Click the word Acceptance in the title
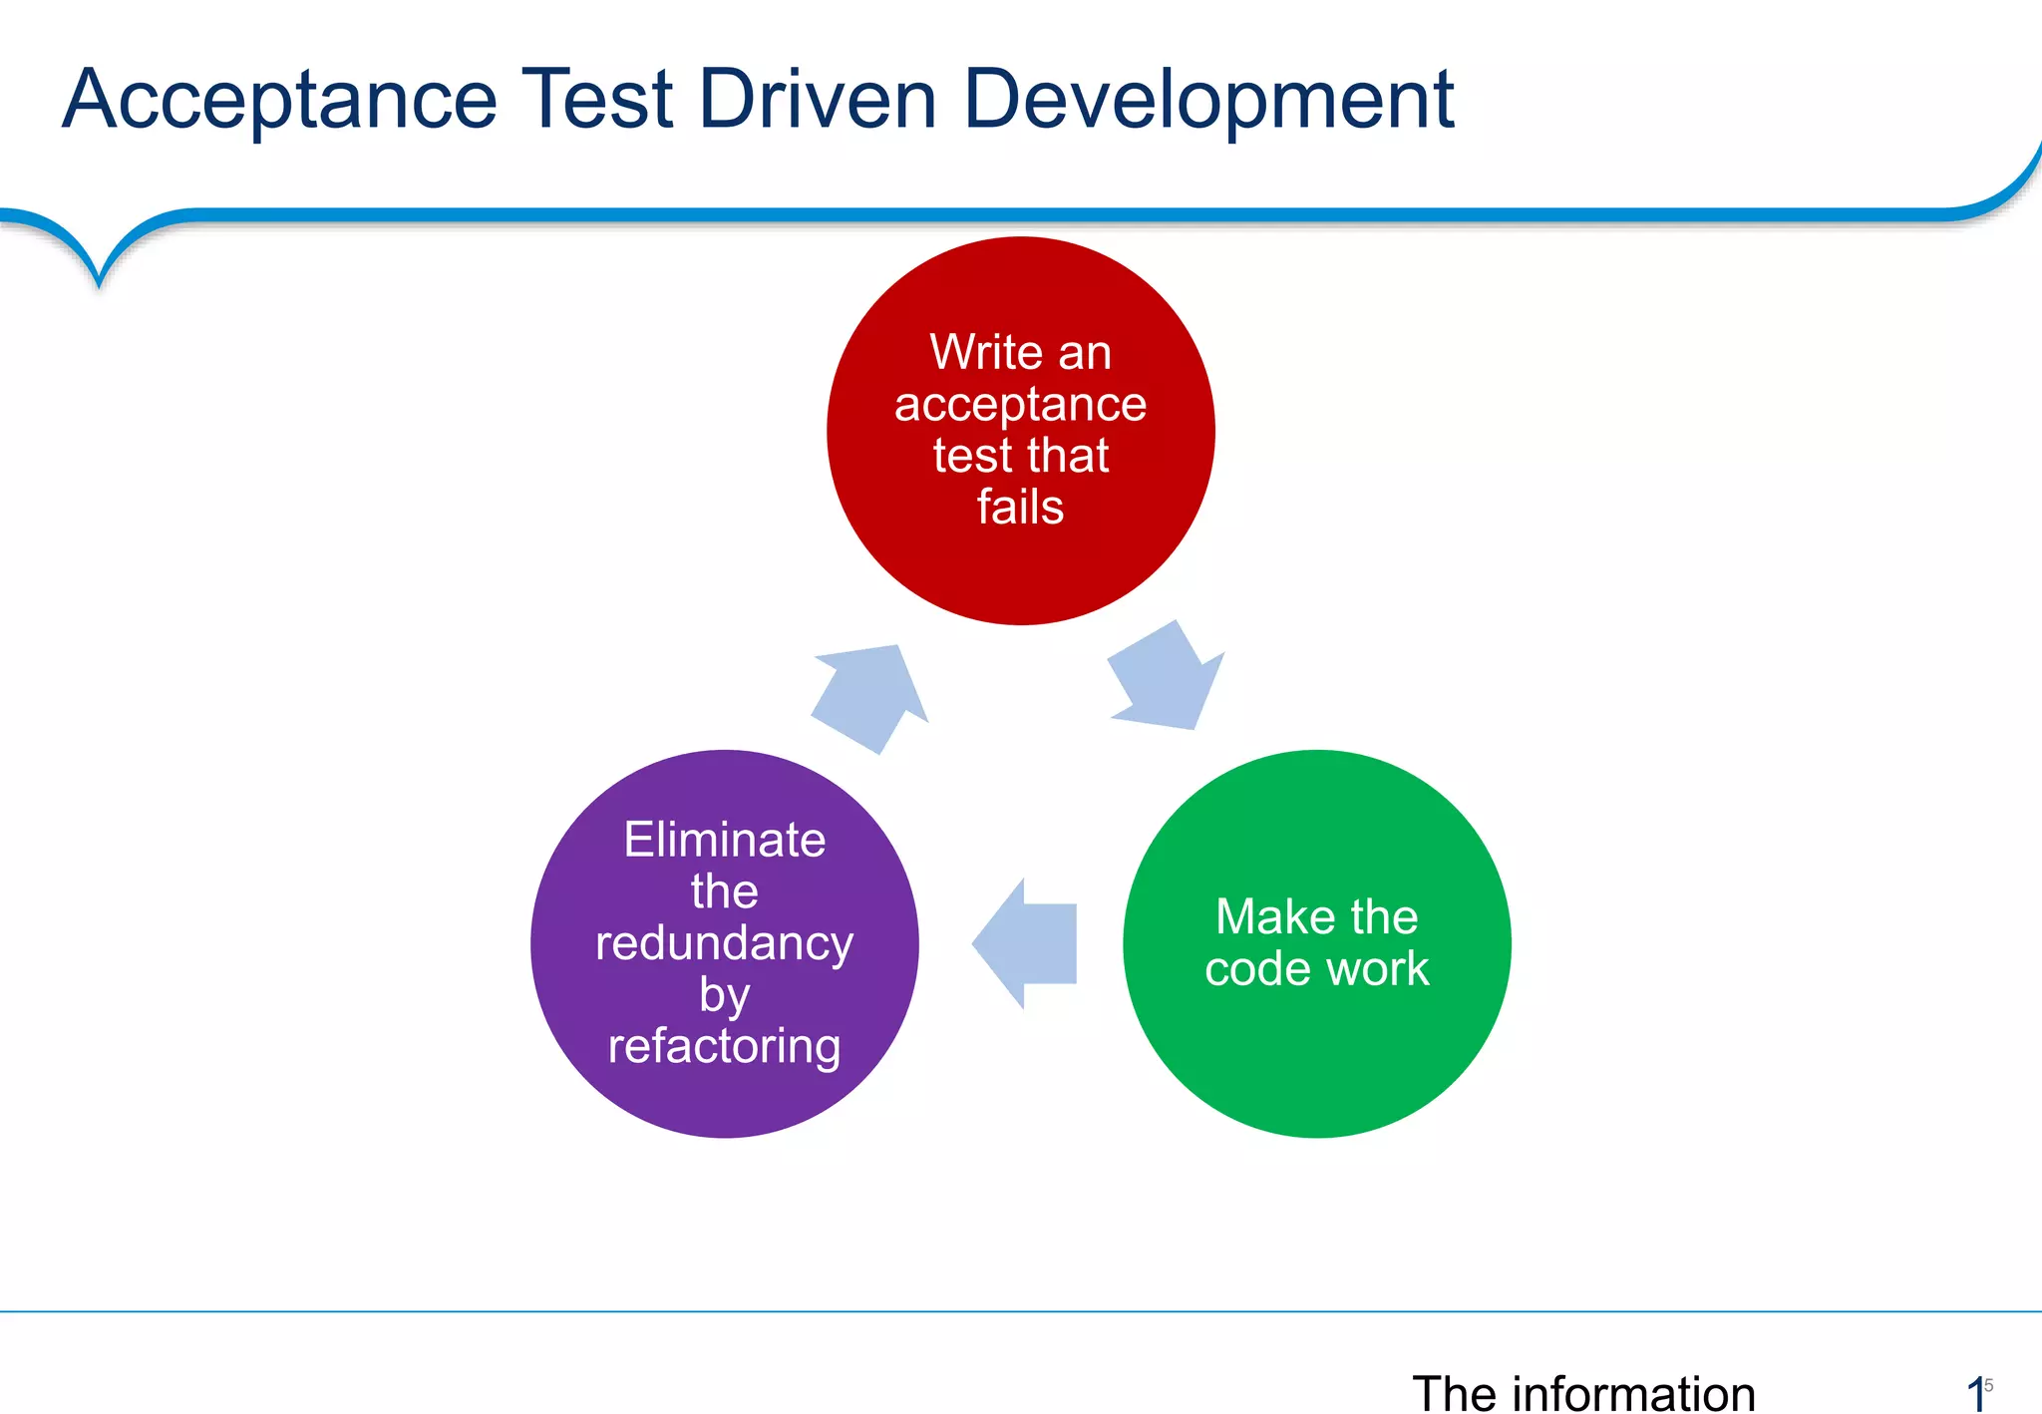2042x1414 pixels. (279, 100)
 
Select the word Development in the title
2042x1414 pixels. (1208, 100)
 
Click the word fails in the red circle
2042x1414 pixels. (1020, 507)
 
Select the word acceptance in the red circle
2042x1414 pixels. (1020, 404)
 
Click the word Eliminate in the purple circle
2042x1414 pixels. (725, 840)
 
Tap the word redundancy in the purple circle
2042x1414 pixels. (725, 943)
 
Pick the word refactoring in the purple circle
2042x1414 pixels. (725, 1046)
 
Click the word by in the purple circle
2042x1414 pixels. (725, 995)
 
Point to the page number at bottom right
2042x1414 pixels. (1978, 1392)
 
